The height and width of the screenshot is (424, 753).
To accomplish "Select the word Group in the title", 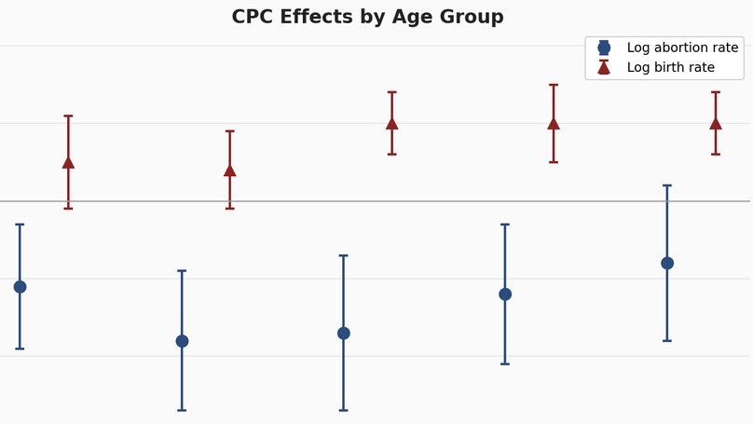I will pos(472,17).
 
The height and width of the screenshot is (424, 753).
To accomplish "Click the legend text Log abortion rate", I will pos(682,48).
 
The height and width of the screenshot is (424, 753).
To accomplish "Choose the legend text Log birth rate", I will pos(670,67).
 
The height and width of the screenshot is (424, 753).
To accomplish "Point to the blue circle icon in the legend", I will pos(604,48).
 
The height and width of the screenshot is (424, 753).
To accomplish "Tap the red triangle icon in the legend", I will pos(604,67).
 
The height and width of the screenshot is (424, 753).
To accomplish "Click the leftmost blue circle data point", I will pos(20,287).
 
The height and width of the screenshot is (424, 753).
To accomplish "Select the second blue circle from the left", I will pos(182,341).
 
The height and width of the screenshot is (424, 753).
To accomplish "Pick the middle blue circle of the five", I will pos(344,334).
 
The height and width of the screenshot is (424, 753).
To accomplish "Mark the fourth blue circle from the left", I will pos(505,294).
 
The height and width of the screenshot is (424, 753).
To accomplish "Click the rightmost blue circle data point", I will pos(667,263).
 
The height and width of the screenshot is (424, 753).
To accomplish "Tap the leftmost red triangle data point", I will pos(68,162).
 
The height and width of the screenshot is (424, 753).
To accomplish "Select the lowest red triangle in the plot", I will pos(230,170).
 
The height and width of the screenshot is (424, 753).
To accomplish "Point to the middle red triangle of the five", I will pos(392,123).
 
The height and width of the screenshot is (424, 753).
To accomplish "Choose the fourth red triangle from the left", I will pos(554,123).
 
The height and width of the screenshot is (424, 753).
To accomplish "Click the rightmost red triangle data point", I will pos(716,123).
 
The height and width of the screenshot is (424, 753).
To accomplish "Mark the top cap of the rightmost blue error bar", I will pos(667,185).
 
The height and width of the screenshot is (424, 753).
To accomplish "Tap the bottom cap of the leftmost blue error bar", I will pos(20,349).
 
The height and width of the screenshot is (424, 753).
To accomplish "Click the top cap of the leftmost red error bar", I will pos(68,116).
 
